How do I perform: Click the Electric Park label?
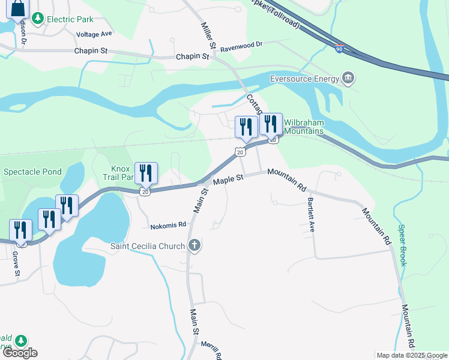click(x=70, y=19)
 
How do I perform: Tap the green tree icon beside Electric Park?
click(x=38, y=19)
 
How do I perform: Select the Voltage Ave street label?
click(x=94, y=34)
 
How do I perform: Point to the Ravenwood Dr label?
click(x=241, y=44)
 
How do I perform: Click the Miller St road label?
click(x=208, y=35)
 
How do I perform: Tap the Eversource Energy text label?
click(x=304, y=78)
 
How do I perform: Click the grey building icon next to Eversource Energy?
click(x=348, y=78)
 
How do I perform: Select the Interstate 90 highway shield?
click(x=339, y=50)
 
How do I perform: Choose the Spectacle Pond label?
click(x=32, y=172)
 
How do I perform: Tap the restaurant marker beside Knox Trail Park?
click(x=146, y=173)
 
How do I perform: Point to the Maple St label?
click(x=228, y=179)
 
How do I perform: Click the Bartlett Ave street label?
click(x=311, y=215)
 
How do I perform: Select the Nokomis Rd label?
click(x=167, y=225)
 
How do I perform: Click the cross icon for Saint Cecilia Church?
click(x=194, y=245)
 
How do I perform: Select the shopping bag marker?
click(x=18, y=8)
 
